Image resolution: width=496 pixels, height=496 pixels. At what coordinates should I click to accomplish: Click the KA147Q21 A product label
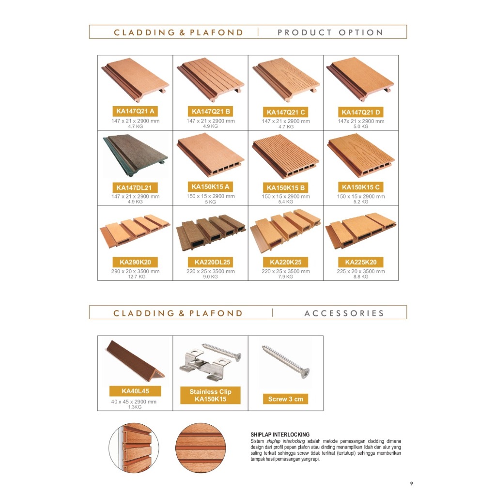coord(135,111)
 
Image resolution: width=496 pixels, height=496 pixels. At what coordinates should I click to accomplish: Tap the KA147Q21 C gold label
coord(286,112)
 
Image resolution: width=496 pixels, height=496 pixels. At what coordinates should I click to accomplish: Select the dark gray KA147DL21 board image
coord(135,155)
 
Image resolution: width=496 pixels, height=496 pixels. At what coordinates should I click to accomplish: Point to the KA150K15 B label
coord(286,187)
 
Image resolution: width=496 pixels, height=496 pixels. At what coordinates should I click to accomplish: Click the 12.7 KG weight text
coord(137,277)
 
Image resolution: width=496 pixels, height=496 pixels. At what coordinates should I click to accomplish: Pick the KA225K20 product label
coord(360,262)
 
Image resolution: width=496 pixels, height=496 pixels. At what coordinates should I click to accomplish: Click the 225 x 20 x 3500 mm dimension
coord(360,271)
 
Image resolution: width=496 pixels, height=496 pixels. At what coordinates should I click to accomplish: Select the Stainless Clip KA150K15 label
coord(210,395)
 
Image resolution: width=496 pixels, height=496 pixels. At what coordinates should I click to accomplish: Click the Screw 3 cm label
coord(286,399)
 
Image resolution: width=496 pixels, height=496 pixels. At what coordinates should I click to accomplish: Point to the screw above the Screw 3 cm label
coord(286,362)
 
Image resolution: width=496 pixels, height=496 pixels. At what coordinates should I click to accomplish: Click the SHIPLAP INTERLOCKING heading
coord(280,434)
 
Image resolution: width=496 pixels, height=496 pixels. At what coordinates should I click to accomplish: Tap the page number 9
coord(412,484)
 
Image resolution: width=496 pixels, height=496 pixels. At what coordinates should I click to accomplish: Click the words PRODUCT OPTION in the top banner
coord(330,32)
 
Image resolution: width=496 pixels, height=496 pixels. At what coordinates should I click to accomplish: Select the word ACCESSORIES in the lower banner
coord(344,313)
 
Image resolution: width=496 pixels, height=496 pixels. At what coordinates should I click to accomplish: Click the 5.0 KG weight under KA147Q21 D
coord(361,126)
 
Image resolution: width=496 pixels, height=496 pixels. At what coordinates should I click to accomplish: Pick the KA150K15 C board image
coord(361,155)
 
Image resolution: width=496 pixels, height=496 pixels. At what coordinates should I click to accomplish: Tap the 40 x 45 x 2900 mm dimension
coord(134,402)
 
